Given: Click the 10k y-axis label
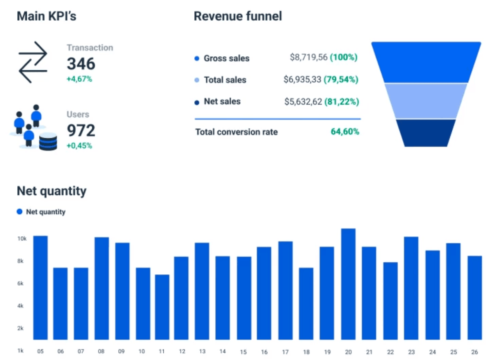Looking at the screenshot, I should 21,239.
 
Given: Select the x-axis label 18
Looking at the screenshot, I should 306,352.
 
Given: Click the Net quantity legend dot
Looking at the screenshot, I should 19,212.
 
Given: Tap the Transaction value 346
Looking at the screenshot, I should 81,64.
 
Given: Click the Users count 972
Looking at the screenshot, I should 81,130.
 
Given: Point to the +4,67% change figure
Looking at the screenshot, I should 79,79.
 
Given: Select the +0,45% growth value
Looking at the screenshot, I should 79,146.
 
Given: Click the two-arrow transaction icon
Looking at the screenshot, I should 33,62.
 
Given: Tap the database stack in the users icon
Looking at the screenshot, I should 48,142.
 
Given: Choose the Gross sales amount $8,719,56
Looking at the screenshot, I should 308,58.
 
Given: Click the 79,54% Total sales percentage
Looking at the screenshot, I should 341,79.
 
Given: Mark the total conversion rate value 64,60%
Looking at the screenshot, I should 345,132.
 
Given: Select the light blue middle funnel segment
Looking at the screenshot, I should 426,101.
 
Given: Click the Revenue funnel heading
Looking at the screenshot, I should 238,16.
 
